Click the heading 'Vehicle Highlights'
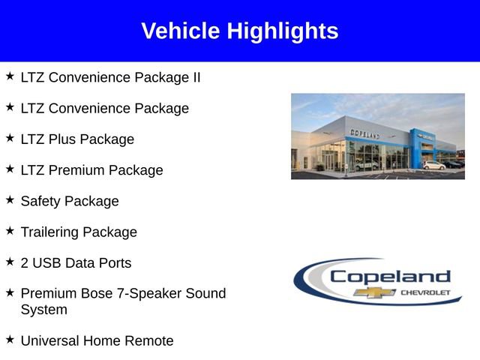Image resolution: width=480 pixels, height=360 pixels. click(240, 31)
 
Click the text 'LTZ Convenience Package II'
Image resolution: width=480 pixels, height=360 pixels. click(110, 77)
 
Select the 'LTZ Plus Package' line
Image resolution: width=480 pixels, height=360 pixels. click(77, 139)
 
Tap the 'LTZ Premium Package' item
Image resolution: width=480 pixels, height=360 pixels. click(91, 170)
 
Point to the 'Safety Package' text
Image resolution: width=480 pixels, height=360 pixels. click(70, 201)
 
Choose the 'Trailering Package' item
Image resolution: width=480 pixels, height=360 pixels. click(79, 232)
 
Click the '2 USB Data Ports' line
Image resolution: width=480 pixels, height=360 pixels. click(76, 263)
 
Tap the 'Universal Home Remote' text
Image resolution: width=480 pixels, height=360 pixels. click(97, 341)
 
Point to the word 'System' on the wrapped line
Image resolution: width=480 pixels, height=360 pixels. click(43, 310)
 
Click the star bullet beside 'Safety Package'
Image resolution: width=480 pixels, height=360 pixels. click(10, 199)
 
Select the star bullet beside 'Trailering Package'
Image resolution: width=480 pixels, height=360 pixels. click(10, 231)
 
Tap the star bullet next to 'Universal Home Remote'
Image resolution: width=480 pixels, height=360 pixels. click(10, 340)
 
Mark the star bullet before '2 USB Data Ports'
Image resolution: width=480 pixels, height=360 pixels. click(10, 262)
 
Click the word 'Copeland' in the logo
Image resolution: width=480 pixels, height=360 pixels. click(390, 277)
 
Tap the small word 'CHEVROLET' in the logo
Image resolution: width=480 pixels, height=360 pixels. click(425, 292)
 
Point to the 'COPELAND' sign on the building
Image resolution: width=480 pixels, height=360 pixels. click(364, 133)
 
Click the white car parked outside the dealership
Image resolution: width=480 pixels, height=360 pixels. click(433, 165)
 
